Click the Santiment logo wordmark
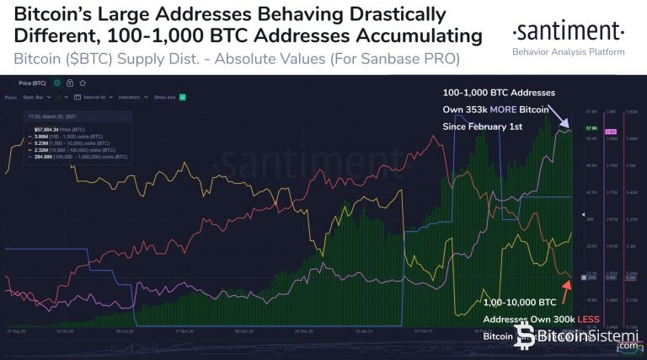pos(568,33)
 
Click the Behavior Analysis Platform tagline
pos(568,52)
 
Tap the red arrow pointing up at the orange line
pos(567,287)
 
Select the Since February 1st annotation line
pos(484,126)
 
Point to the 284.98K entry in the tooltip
pos(44,156)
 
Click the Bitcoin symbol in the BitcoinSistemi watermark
pos(527,336)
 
